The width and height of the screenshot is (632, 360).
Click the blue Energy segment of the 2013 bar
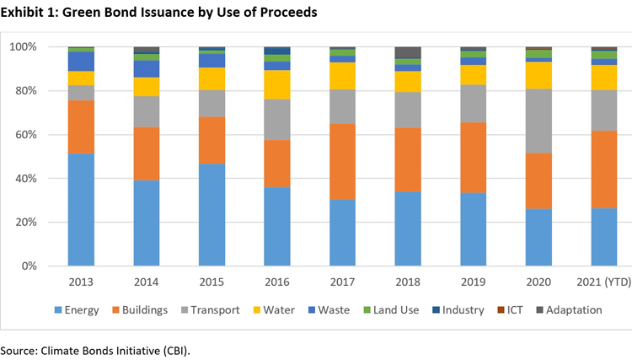click(x=81, y=209)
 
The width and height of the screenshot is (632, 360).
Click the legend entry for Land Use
click(x=394, y=309)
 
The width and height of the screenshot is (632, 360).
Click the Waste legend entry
click(x=336, y=309)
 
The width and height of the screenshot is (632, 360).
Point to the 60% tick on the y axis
click(x=48, y=135)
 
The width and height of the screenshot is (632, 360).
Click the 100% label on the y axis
click(x=46, y=47)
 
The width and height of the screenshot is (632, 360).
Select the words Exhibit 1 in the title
click(x=29, y=11)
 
